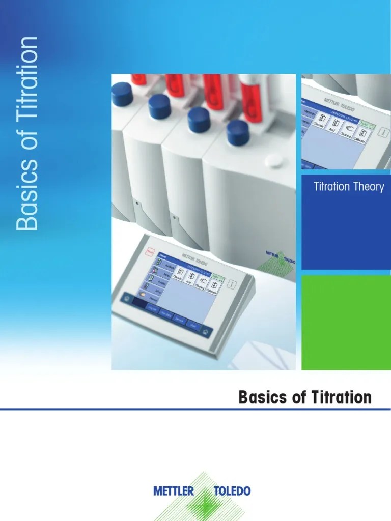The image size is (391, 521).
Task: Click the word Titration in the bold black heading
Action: pos(340,397)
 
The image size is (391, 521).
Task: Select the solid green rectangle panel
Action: pos(346,323)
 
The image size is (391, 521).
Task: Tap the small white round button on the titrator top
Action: pos(273,162)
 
